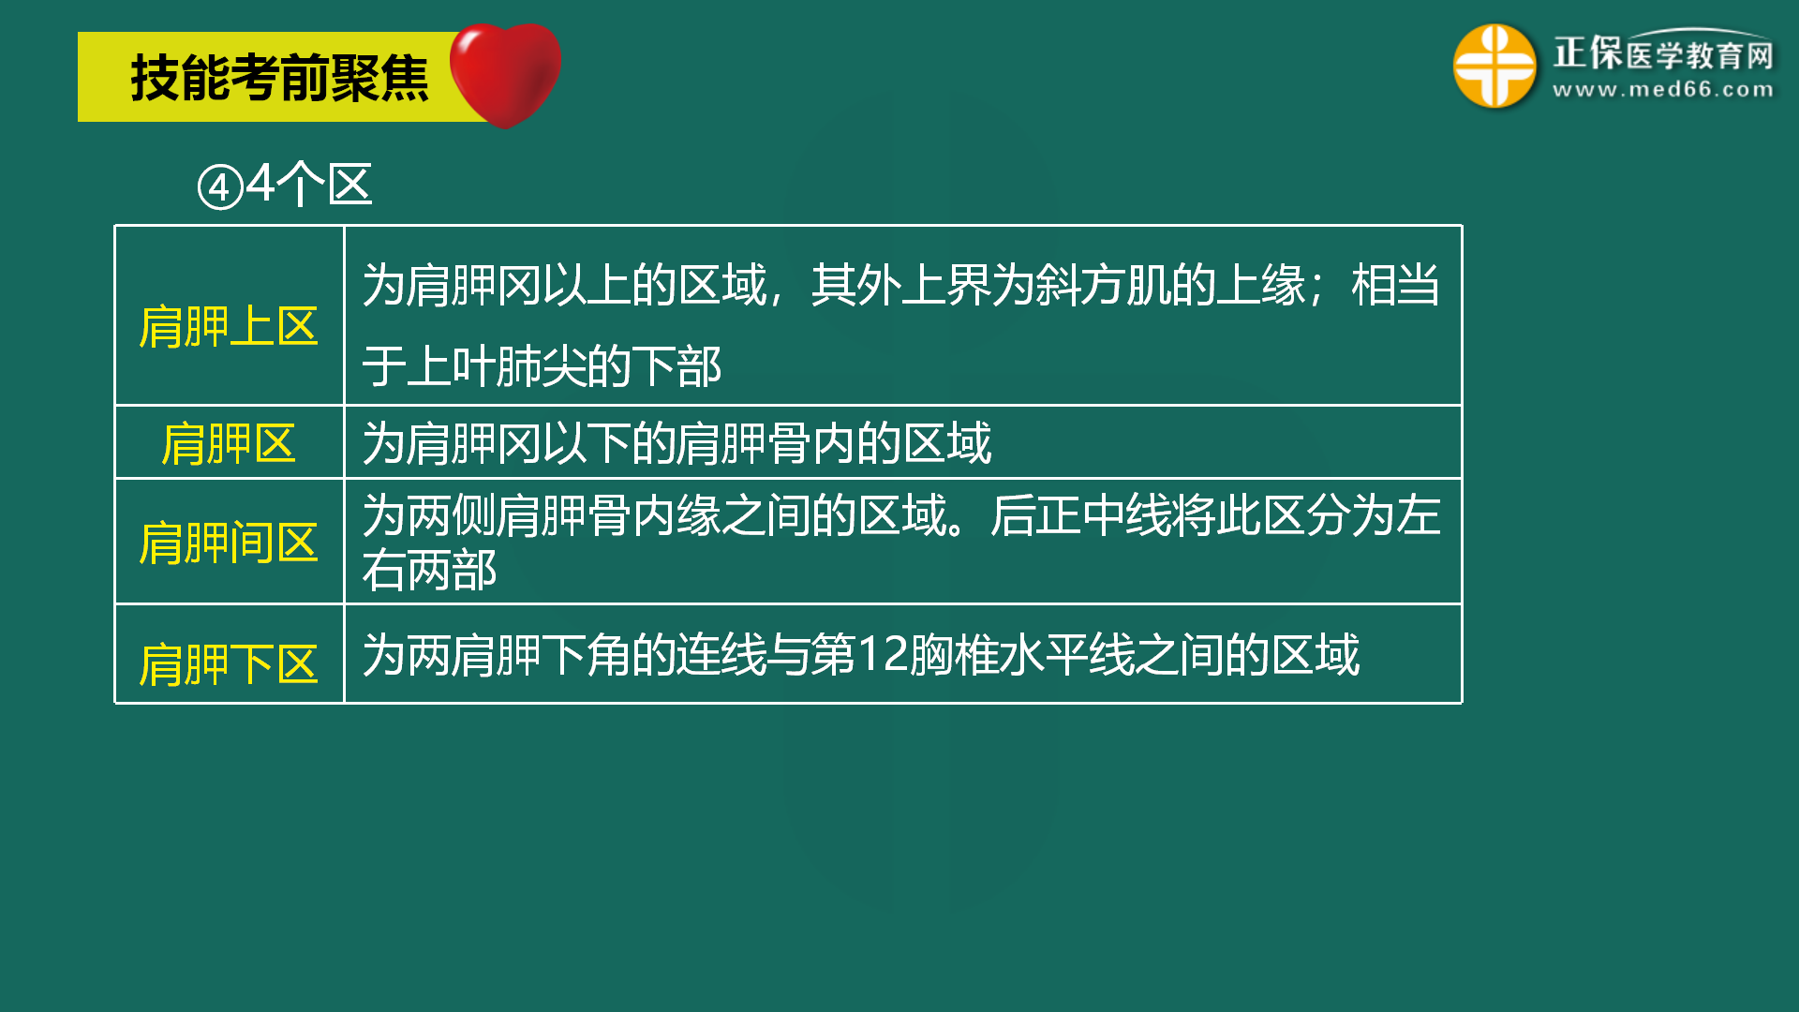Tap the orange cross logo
tap(1494, 67)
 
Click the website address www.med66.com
tap(1663, 90)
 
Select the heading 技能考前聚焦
tap(279, 78)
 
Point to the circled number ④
tap(220, 187)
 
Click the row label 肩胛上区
tap(229, 327)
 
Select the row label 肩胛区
tap(229, 443)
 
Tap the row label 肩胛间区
tap(229, 543)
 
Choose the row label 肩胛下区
tap(229, 664)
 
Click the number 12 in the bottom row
tap(883, 654)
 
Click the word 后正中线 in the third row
tap(1081, 515)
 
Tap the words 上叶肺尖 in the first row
tap(497, 365)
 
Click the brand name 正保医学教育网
tap(1663, 52)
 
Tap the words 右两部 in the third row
tap(429, 570)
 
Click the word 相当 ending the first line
tap(1396, 285)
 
